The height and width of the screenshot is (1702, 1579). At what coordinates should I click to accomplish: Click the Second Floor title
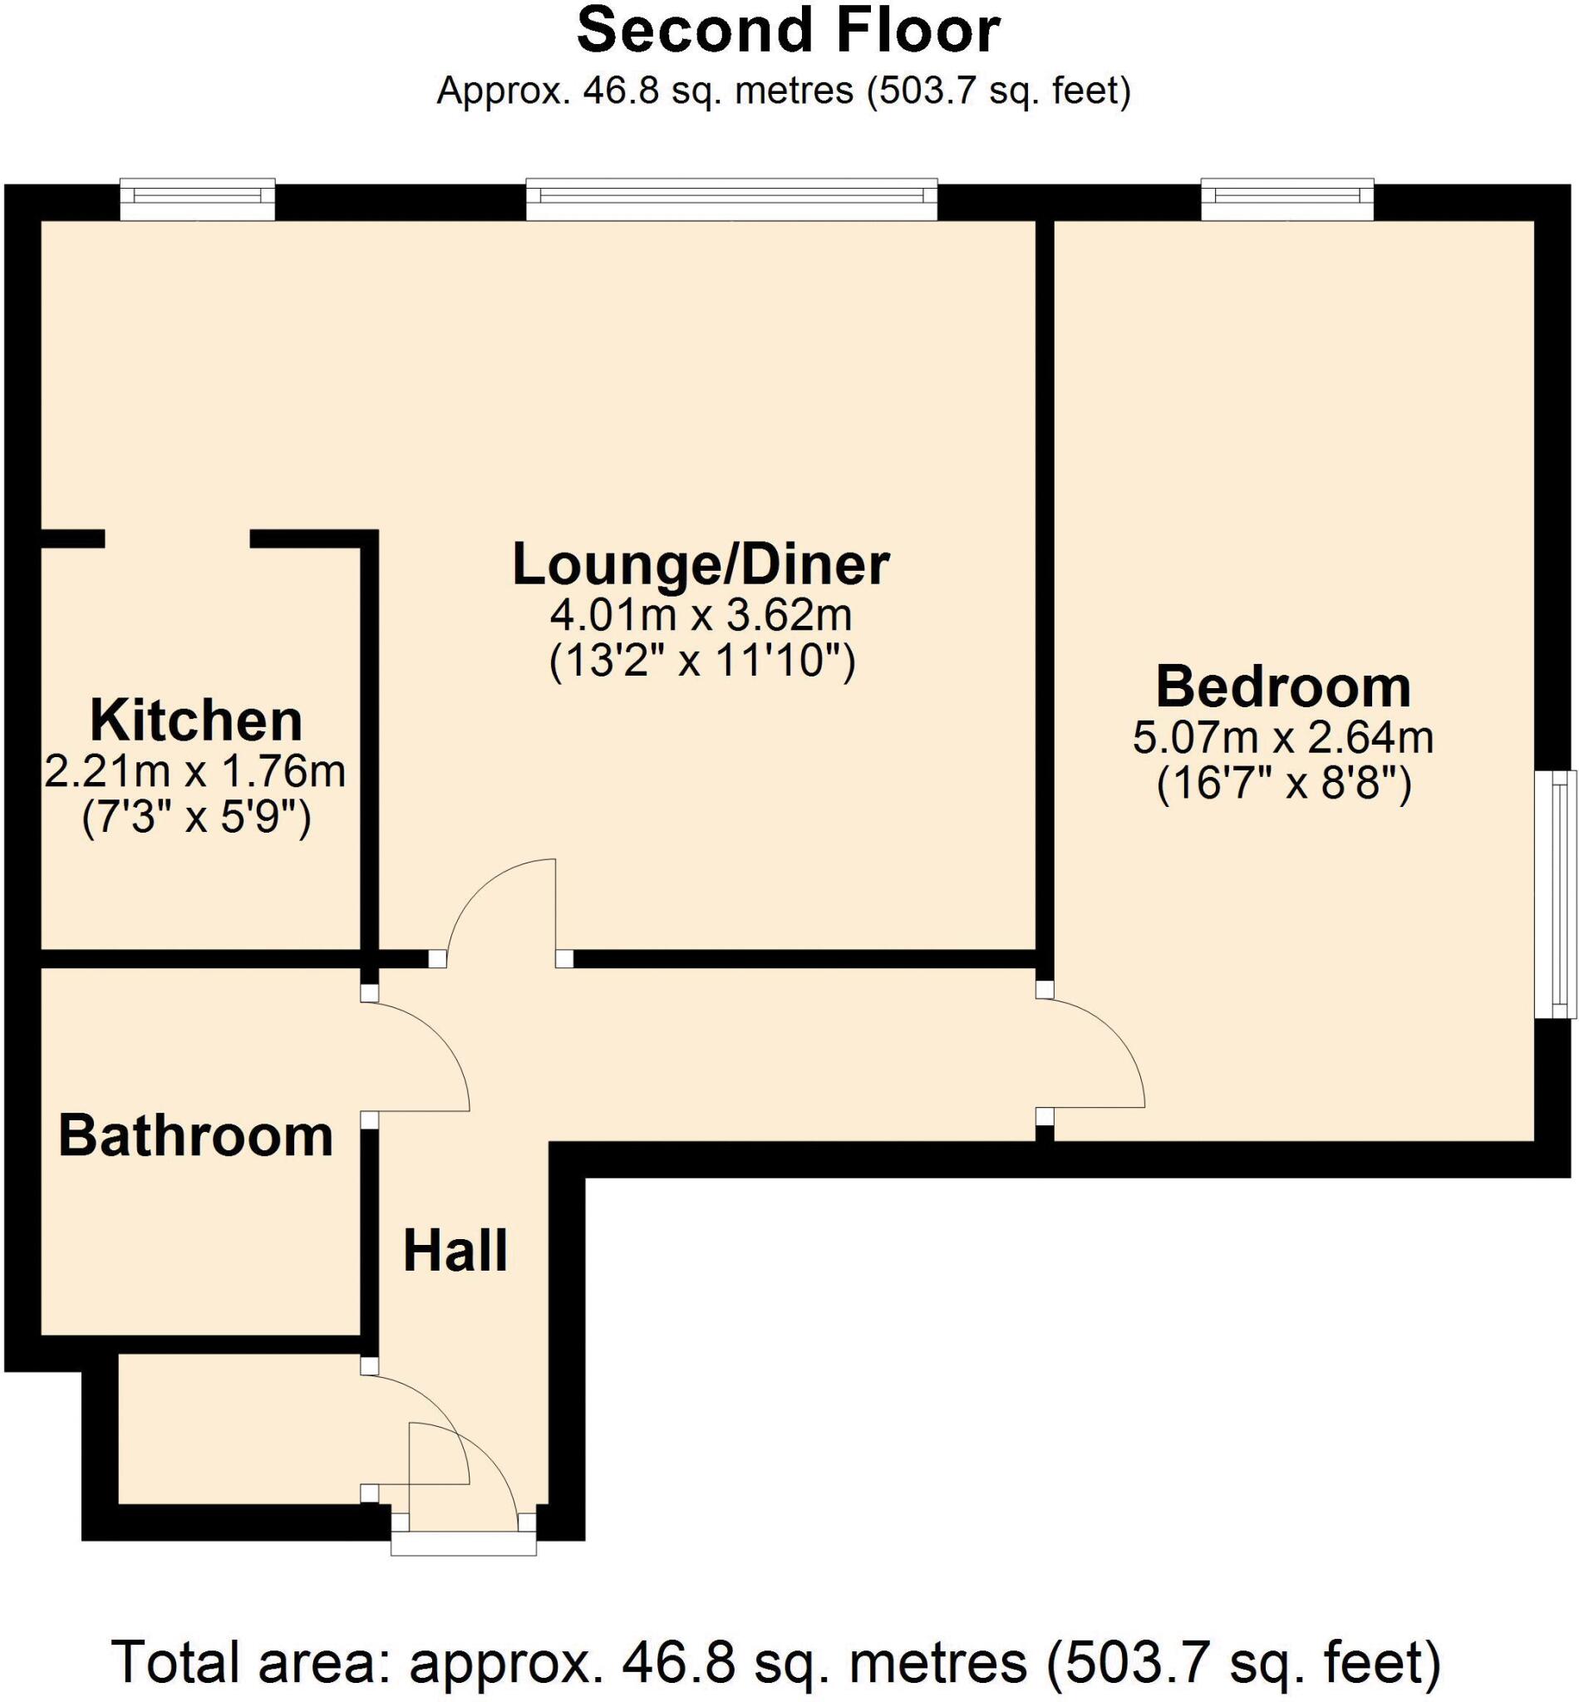click(788, 32)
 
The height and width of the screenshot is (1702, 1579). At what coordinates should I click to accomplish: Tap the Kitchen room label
click(195, 722)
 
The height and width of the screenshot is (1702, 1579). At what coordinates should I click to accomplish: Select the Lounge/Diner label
click(701, 566)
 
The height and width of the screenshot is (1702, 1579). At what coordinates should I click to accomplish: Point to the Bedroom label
click(1282, 688)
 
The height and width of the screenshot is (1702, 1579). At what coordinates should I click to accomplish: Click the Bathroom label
click(195, 1136)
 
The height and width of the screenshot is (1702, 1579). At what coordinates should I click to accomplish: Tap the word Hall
click(455, 1252)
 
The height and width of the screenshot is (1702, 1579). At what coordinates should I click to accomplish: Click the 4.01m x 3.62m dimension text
click(701, 614)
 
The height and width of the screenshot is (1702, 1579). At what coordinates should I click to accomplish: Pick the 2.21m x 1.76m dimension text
click(195, 772)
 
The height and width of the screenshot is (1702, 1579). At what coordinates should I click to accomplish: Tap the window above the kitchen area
click(198, 199)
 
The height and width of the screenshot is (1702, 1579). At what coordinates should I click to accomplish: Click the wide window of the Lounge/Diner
click(731, 199)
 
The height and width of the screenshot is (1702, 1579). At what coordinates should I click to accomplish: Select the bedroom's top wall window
click(1286, 199)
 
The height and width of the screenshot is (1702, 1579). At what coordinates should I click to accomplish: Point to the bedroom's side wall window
click(1554, 894)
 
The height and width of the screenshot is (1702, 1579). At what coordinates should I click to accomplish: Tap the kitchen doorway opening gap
click(177, 539)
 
